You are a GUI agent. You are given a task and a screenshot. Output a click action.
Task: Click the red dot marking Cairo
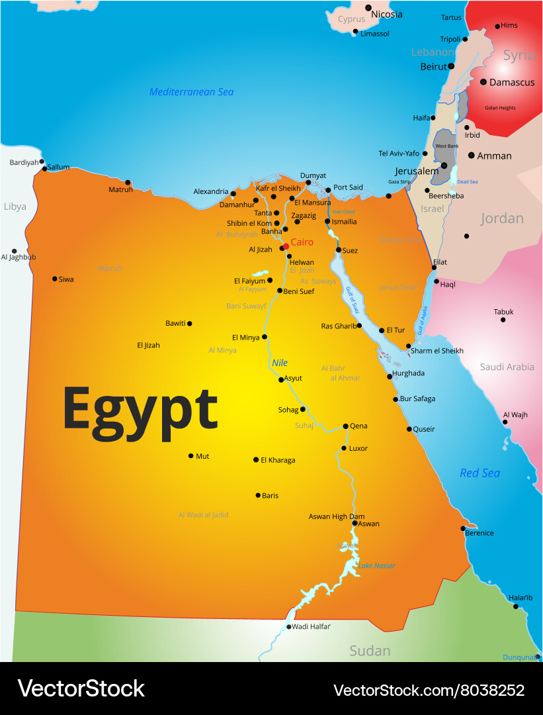coord(286,246)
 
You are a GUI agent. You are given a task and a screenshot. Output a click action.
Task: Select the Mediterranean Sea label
coord(191,92)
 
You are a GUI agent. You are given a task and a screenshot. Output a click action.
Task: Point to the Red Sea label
coord(480,473)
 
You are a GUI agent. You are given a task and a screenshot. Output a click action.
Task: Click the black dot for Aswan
coord(355,523)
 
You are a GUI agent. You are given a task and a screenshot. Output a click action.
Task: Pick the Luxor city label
coord(358,448)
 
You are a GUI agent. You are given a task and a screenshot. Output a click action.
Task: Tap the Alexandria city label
coord(211,191)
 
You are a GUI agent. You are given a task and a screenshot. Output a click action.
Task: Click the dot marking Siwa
coord(55,279)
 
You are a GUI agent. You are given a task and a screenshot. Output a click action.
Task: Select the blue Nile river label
coord(280,363)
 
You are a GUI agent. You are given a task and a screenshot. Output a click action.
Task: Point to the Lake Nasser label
coord(376,565)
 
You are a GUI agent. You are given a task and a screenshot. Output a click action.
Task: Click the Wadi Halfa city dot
coord(289,627)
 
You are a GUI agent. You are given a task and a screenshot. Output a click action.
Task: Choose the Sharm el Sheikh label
coord(437,351)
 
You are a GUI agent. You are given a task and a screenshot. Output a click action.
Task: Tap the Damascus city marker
coord(483,82)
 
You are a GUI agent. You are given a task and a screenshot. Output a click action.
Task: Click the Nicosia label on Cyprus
coord(387,14)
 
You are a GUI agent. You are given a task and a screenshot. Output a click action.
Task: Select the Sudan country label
coord(370,651)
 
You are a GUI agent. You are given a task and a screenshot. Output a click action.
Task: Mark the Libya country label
coord(15,207)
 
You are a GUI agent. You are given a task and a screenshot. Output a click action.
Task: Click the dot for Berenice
coord(464,528)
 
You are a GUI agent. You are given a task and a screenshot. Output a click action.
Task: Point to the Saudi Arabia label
coord(507,367)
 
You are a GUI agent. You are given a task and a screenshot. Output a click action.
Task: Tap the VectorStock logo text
coord(81,689)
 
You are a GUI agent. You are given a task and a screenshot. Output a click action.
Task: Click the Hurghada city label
coord(408,373)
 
